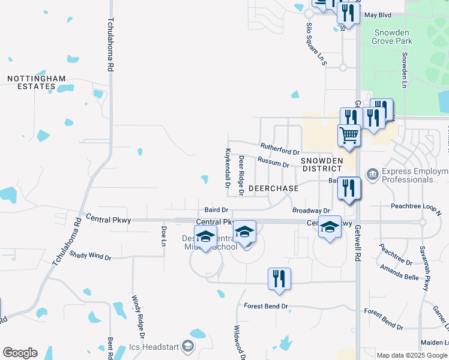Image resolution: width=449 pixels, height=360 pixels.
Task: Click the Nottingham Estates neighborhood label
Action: [31, 82]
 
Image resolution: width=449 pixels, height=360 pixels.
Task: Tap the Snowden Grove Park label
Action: [393, 37]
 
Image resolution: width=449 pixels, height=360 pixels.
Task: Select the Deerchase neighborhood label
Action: [273, 188]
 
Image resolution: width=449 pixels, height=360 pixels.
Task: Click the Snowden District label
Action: [321, 164]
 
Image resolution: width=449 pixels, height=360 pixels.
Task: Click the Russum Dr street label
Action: [273, 162]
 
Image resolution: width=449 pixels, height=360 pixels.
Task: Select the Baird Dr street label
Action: [216, 210]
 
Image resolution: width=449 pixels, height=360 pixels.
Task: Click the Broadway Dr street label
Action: [311, 211]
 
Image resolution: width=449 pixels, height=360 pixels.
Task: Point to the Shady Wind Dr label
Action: [90, 256]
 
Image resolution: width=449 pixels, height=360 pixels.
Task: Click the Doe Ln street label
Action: [163, 236]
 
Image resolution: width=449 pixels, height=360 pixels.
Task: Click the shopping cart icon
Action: [348, 135]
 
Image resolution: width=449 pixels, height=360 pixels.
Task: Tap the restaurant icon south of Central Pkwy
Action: [279, 278]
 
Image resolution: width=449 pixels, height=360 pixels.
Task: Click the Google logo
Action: [20, 353]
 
